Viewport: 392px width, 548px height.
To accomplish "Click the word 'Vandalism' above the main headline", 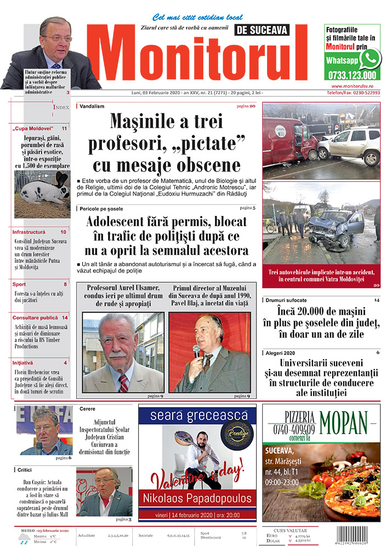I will (x=92, y=106).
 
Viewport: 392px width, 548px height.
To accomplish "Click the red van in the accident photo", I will (x=289, y=140).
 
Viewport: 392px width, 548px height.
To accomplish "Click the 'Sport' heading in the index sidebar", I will (x=19, y=284).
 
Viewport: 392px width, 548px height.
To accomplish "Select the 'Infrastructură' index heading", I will (x=30, y=232).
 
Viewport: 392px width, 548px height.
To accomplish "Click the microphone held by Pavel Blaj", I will (x=196, y=351).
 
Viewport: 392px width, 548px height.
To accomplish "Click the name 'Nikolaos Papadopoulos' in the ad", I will (x=196, y=498).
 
